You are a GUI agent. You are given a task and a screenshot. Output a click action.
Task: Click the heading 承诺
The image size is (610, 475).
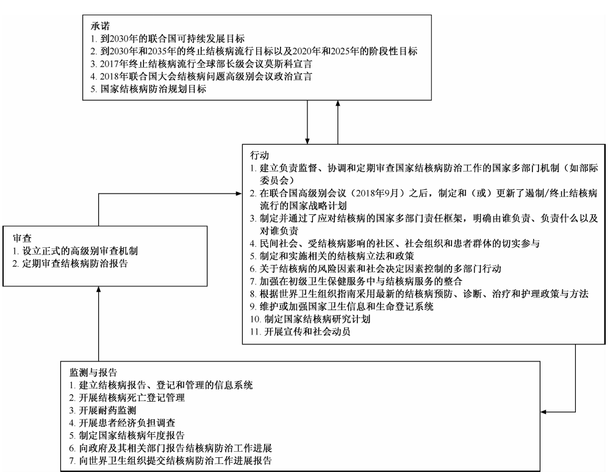(x=100, y=26)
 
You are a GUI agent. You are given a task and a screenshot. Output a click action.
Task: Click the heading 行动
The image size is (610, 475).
(x=259, y=155)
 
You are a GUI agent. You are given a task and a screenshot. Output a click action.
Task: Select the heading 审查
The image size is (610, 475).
(x=22, y=238)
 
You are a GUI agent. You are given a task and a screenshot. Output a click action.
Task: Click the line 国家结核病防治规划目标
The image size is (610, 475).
(x=148, y=89)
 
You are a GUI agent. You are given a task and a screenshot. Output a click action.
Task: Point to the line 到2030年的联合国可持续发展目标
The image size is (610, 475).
(x=168, y=38)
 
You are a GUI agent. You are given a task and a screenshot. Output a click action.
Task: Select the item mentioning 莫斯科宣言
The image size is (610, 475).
(x=201, y=64)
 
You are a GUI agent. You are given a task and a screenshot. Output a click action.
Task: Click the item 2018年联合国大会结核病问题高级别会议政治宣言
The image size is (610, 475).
(x=201, y=76)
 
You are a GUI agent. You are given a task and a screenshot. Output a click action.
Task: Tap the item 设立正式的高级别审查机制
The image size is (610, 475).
(x=75, y=251)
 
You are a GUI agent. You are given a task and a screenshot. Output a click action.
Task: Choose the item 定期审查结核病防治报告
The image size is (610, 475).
(x=70, y=263)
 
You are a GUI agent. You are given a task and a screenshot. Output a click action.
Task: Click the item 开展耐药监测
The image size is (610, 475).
(x=102, y=410)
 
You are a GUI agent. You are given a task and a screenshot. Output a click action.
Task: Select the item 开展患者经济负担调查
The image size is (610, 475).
(x=122, y=423)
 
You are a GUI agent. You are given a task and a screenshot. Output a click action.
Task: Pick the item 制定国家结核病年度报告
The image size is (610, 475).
(x=127, y=435)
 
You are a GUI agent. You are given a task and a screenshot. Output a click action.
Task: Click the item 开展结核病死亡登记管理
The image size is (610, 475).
(x=127, y=397)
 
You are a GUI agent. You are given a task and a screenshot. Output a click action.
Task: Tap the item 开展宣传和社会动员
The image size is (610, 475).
(x=300, y=332)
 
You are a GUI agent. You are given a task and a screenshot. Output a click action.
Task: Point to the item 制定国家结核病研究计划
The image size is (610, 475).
(x=310, y=319)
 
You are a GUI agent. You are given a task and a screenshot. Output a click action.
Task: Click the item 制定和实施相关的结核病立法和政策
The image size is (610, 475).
(x=332, y=256)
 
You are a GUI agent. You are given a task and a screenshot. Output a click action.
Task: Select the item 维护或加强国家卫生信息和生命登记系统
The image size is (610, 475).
(x=342, y=306)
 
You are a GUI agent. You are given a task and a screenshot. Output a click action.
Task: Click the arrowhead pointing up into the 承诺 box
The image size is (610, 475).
(x=338, y=104)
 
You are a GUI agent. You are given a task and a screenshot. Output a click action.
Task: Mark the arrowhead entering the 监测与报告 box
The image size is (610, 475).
(x=544, y=412)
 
